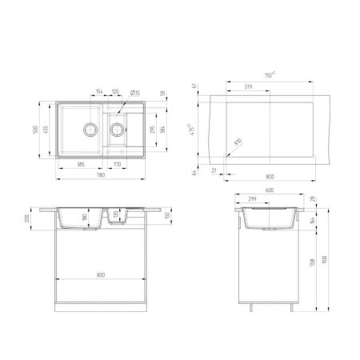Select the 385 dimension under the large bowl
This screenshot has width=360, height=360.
click(x=81, y=164)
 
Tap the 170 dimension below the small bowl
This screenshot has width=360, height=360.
click(x=117, y=164)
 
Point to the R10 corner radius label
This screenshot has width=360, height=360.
click(x=238, y=142)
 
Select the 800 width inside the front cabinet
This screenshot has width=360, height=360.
click(x=101, y=276)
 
